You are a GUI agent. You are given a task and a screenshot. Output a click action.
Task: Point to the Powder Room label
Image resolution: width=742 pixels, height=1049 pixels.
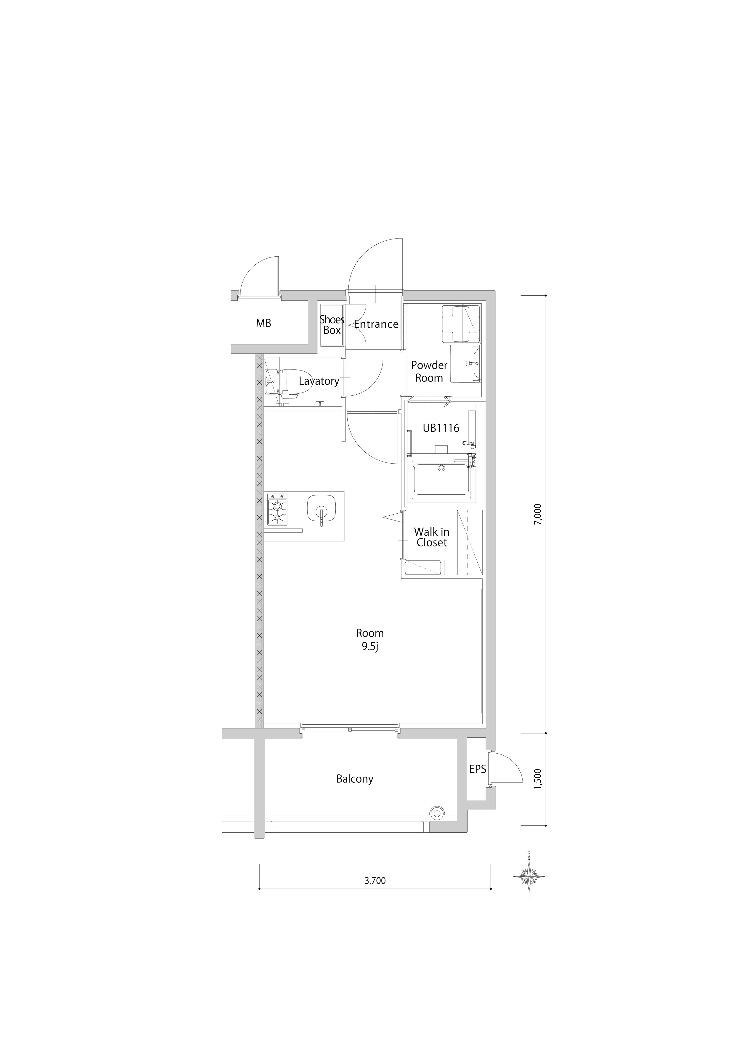coord(429,372)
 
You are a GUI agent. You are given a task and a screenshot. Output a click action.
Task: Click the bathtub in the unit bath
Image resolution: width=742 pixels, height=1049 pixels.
coord(441,480)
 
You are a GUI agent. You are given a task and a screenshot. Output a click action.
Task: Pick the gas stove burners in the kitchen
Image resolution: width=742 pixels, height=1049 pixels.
coord(277,510)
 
